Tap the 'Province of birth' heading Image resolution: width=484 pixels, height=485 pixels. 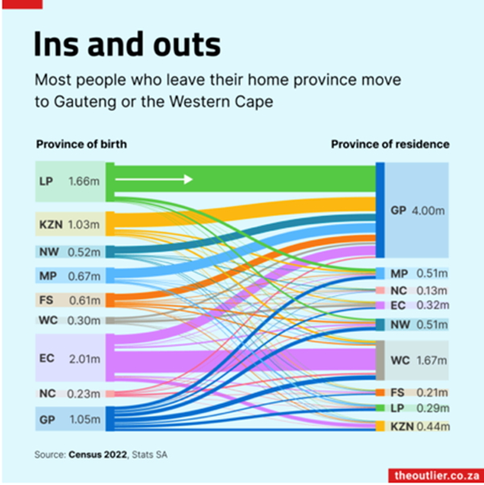coord(81,145)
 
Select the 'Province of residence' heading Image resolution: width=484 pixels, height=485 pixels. coord(391,145)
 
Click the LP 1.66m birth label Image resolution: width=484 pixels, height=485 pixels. coord(68,182)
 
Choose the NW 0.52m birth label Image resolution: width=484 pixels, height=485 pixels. coord(68,251)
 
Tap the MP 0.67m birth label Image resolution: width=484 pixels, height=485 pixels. coord(68,277)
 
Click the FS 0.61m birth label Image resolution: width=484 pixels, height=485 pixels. coord(68,300)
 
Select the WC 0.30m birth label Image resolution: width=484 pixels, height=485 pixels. coord(68,320)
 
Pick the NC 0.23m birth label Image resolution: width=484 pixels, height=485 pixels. coord(68,393)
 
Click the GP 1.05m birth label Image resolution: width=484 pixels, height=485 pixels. coord(68,419)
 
